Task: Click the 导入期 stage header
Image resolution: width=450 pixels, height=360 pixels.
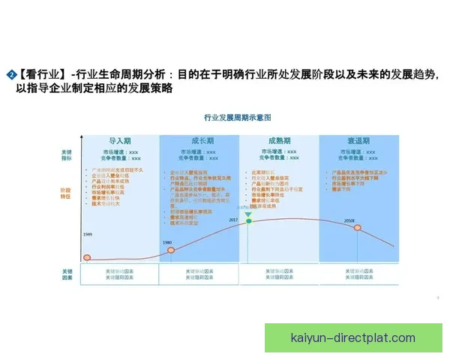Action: (x=120, y=140)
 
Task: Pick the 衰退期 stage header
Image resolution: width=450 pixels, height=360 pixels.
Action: (x=358, y=140)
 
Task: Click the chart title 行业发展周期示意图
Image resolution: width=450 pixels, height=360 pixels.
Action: (x=237, y=118)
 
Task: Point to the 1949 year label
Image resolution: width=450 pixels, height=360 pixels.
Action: (x=87, y=235)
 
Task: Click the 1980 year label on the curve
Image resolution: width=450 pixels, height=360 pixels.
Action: (x=167, y=243)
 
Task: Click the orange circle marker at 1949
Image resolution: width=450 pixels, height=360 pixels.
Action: (x=87, y=258)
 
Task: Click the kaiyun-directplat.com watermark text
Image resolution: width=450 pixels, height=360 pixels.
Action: (x=352, y=337)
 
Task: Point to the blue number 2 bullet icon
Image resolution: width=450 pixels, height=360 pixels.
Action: (x=10, y=75)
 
